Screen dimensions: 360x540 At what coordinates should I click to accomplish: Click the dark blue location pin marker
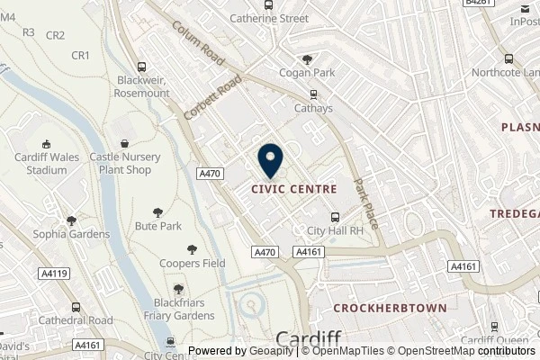click(270, 159)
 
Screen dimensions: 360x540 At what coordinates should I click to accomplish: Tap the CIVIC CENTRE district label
click(294, 190)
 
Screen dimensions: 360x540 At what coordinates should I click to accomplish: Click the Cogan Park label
click(308, 73)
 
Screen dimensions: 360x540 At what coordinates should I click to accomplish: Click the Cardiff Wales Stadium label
click(45, 163)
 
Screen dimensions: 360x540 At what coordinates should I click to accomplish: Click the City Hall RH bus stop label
click(335, 229)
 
